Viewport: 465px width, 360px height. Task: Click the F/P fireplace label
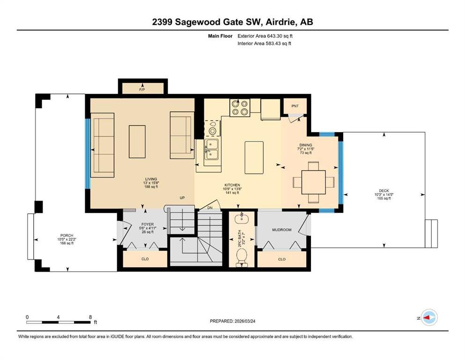pos(142,90)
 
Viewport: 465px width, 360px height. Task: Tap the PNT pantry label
pos(295,106)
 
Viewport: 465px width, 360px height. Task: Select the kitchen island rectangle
pos(254,157)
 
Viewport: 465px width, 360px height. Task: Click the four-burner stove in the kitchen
pos(240,107)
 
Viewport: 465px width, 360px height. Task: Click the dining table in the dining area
pos(313,182)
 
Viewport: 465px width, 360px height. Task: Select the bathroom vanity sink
pos(242,218)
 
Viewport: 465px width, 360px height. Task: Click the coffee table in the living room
pos(137,142)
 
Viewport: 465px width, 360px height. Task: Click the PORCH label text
pos(66,235)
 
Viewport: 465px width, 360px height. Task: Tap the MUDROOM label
pos(282,230)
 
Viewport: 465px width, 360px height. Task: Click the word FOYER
pos(148,225)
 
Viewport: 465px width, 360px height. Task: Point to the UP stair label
pos(182,198)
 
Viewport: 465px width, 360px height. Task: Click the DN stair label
pos(210,208)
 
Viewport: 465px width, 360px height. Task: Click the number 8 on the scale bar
pos(90,317)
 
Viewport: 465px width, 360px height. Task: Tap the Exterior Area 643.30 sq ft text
pos(265,36)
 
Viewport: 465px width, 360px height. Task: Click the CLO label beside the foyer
pos(145,259)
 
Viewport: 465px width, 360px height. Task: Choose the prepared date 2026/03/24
pos(244,321)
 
